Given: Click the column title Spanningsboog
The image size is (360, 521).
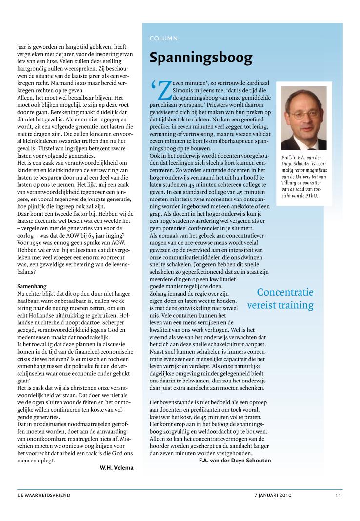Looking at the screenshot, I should pyautogui.click(x=201, y=58).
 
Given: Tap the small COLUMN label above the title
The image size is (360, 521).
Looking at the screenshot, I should pyautogui.click(x=164, y=38).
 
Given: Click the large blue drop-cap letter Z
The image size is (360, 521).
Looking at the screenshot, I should pyautogui.click(x=164, y=90).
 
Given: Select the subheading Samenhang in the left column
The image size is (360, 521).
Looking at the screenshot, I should pyautogui.click(x=33, y=286).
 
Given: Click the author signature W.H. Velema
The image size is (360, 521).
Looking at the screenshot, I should pyautogui.click(x=117, y=468).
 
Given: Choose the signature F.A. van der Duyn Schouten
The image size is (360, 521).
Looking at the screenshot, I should pyautogui.click(x=235, y=460).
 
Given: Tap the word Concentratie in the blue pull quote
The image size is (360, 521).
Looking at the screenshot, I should pyautogui.click(x=285, y=293).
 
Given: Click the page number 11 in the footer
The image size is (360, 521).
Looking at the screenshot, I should pyautogui.click(x=338, y=495).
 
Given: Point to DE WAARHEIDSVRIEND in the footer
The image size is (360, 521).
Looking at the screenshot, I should pyautogui.click(x=44, y=495).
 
